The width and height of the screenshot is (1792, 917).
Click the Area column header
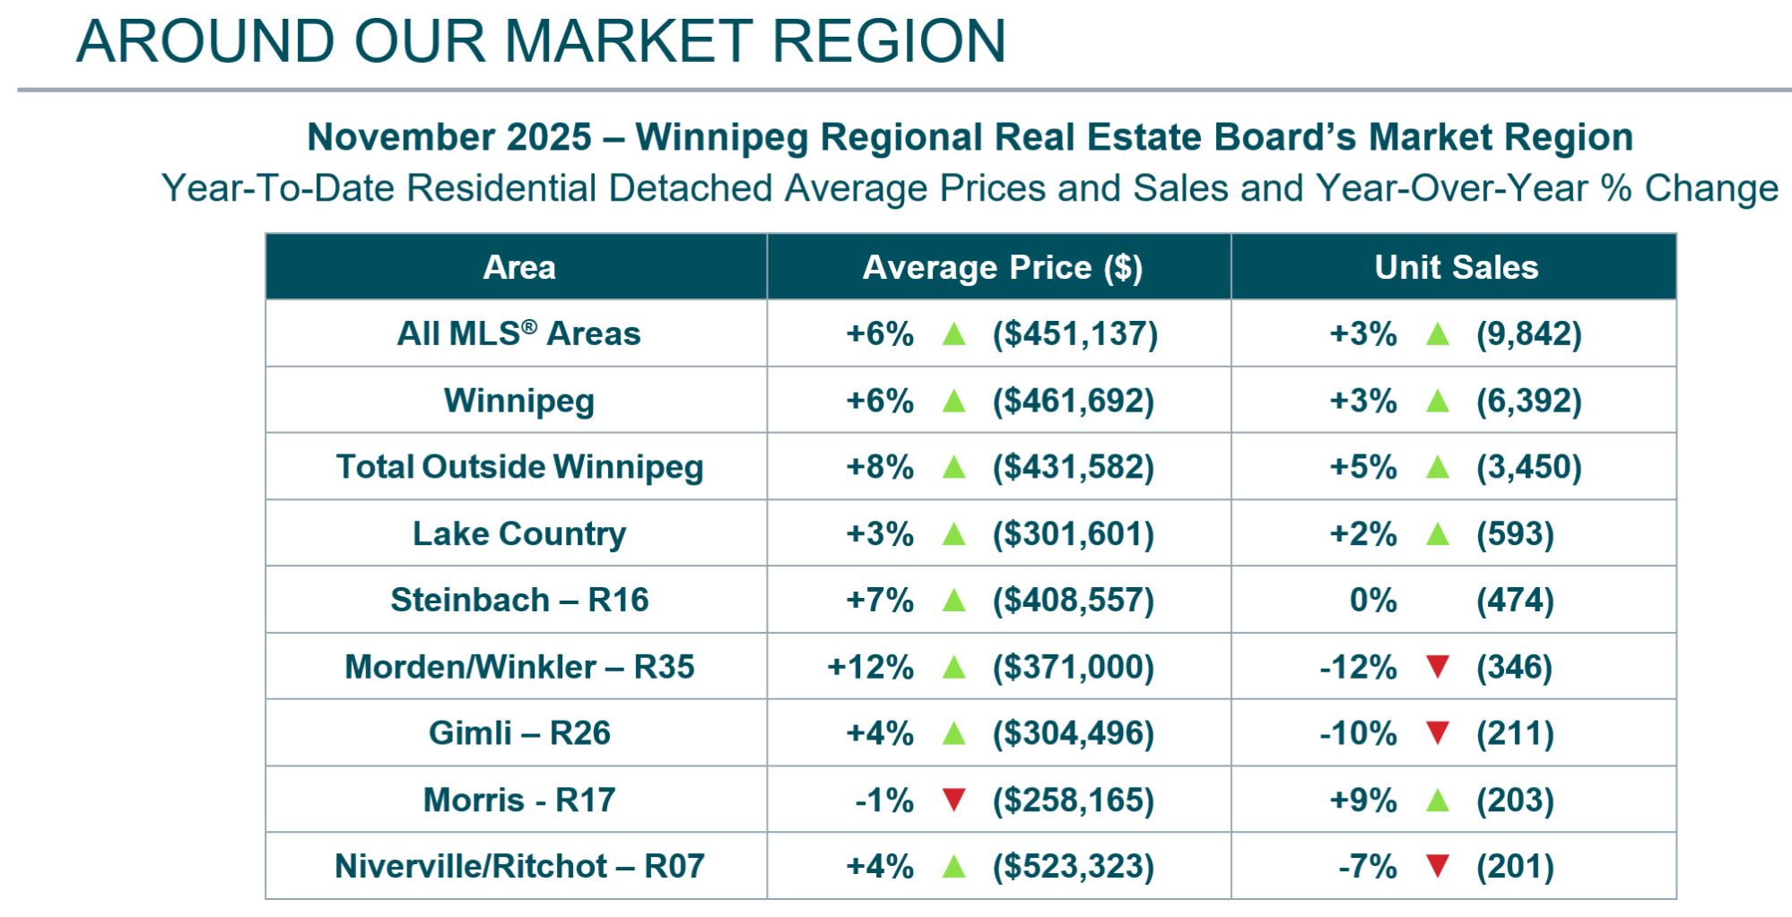pos(518,267)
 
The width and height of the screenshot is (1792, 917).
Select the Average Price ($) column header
pos(1002,267)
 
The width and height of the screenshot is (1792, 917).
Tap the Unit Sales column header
pos(1456,267)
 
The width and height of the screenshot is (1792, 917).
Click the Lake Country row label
pos(518,533)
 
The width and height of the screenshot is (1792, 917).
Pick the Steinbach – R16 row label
pos(518,600)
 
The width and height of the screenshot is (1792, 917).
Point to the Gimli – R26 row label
pos(518,732)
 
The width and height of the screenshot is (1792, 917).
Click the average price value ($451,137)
pos(1074,333)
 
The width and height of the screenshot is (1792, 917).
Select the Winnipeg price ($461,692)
pos(1073,400)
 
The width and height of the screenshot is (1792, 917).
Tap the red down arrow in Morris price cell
pos(954,799)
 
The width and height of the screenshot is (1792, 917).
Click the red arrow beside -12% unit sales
pos(1438,666)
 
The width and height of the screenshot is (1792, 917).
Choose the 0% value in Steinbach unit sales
pos(1372,600)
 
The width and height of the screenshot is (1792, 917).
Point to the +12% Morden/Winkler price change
pos(870,667)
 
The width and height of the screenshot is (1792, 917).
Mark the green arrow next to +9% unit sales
pos(1438,799)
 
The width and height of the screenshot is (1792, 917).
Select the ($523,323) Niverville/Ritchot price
pos(1073,866)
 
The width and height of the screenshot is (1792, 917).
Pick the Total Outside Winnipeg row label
pos(518,467)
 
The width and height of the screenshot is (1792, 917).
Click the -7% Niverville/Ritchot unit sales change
pos(1367,866)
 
